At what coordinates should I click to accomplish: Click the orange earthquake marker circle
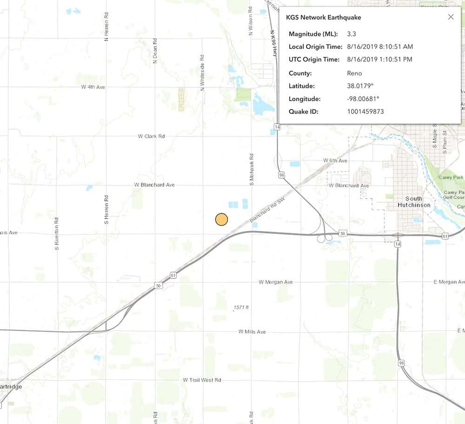point(222,219)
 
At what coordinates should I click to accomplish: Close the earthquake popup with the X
point(451,17)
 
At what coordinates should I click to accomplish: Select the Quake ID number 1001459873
point(365,112)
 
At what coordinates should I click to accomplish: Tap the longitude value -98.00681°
point(363,99)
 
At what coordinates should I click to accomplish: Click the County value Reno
point(354,73)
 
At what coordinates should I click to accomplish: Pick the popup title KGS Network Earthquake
point(323,18)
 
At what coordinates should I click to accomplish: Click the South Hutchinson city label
point(411,202)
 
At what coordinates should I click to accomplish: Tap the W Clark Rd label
point(151,136)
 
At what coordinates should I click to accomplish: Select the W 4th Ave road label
point(93,87)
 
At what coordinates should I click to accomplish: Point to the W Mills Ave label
point(252,331)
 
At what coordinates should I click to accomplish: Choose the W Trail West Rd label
point(202,380)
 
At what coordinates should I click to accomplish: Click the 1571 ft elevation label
point(241,308)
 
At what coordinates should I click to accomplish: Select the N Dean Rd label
point(154,53)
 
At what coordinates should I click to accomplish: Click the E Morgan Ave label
point(448,282)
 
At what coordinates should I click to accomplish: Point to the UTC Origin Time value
point(380,60)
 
